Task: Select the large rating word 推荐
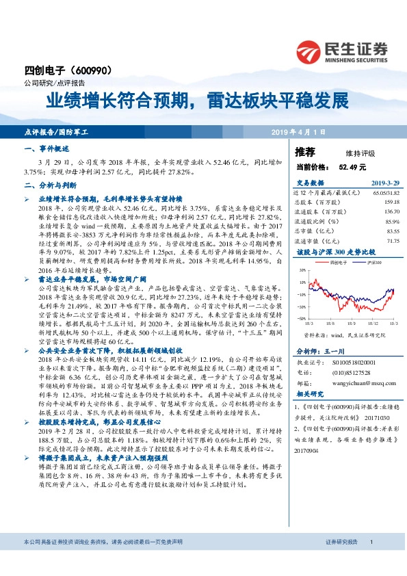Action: [305, 152]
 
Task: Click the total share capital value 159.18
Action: [391, 202]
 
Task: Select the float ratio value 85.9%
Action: [391, 222]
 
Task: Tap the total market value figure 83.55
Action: [392, 231]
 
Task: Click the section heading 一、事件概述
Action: [47, 148]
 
